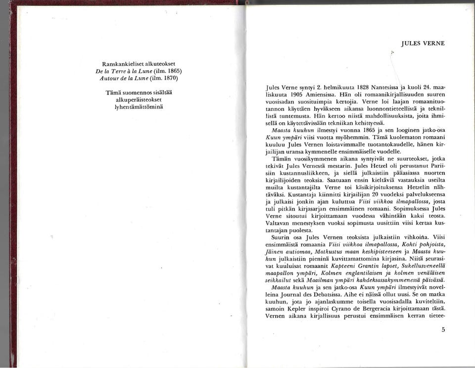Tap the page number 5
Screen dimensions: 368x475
coord(443,329)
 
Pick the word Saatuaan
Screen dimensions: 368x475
coord(335,180)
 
